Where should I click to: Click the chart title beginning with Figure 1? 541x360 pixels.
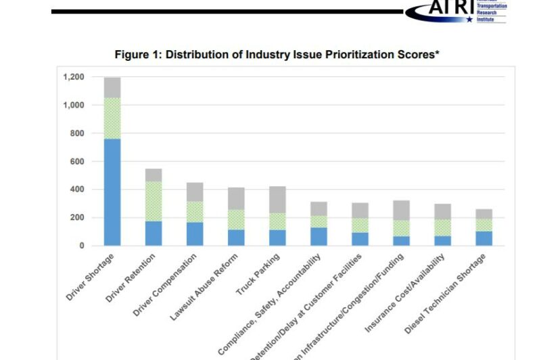tap(277, 53)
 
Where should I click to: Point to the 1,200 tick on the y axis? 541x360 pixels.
tap(74, 77)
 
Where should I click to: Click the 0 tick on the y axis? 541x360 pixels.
tap(81, 246)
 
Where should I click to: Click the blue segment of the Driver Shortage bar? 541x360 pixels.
tap(112, 192)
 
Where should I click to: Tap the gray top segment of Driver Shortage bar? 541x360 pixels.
tap(112, 87)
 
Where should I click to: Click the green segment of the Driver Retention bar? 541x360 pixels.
tap(154, 201)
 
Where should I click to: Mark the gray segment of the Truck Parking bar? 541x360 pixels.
tap(277, 200)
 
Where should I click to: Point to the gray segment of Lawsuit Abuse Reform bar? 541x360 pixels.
tap(236, 198)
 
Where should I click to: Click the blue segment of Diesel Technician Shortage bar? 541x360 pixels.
tap(484, 238)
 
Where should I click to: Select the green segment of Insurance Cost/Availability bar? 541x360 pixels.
tap(442, 227)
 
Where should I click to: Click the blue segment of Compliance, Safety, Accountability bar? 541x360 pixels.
tap(319, 236)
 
